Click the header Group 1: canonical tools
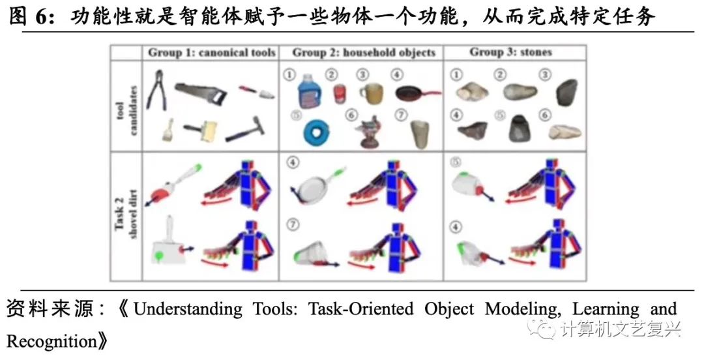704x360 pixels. pos(212,52)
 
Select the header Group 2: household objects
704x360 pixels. pos(364,52)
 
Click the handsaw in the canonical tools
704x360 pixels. pos(203,95)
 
